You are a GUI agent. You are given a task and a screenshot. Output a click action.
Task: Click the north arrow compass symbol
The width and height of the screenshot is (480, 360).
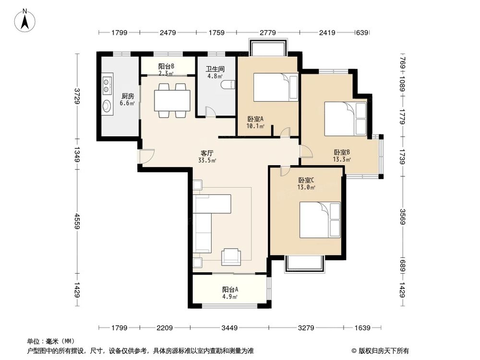pos(25,20)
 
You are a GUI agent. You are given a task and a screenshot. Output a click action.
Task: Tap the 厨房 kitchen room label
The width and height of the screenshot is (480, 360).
pos(127,96)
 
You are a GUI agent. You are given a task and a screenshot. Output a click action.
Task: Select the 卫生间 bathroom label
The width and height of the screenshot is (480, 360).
pos(215,69)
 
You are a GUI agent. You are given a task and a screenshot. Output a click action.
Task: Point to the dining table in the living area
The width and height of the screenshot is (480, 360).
pos(172,100)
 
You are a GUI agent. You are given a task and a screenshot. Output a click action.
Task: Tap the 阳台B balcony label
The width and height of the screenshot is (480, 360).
pos(166,66)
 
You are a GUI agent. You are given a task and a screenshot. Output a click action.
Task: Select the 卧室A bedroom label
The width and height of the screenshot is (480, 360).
pos(256,119)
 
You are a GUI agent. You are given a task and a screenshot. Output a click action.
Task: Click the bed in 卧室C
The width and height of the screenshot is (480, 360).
pos(320,220)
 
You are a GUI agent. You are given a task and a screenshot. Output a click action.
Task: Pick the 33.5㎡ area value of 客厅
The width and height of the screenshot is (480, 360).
pos(207,160)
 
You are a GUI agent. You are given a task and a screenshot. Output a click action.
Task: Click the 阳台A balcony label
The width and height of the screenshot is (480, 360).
pos(230,289)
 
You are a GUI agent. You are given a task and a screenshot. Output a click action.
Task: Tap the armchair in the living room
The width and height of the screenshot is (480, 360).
pos(231,256)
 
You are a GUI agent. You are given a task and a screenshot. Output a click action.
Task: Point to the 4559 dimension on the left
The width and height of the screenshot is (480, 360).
pos(77,221)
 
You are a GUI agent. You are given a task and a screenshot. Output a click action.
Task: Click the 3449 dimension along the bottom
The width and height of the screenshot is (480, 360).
pos(229,328)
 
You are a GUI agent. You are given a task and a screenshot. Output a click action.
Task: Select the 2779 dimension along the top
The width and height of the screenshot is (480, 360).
pos(267,33)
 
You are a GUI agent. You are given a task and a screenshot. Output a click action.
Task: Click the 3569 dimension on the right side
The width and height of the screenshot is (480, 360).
pos(403,216)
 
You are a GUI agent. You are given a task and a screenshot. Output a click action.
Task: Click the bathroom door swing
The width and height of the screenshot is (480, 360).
pos(210,111)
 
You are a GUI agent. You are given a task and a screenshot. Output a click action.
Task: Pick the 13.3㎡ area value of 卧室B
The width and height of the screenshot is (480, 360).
pos(342,159)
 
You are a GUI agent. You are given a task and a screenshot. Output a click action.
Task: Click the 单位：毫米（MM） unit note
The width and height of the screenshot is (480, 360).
pos(51,341)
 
